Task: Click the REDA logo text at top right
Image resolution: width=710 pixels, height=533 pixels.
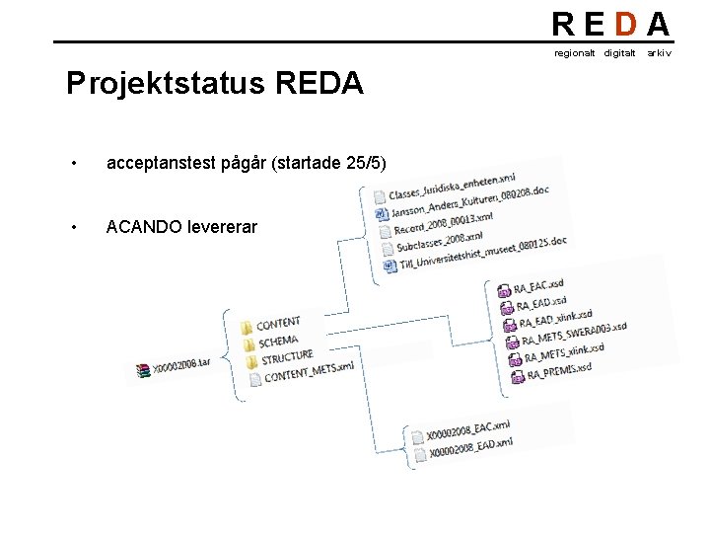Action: pyautogui.click(x=610, y=24)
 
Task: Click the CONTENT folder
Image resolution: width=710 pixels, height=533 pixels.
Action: pyautogui.click(x=277, y=323)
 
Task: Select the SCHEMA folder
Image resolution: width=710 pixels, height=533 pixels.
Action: pyautogui.click(x=277, y=341)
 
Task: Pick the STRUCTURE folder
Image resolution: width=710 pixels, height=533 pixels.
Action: pyautogui.click(x=286, y=357)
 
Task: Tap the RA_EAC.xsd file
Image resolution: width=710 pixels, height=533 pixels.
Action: pyautogui.click(x=538, y=288)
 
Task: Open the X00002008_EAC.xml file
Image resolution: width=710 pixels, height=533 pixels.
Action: pyautogui.click(x=467, y=429)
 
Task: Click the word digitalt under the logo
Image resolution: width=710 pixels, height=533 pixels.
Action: pyautogui.click(x=619, y=52)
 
